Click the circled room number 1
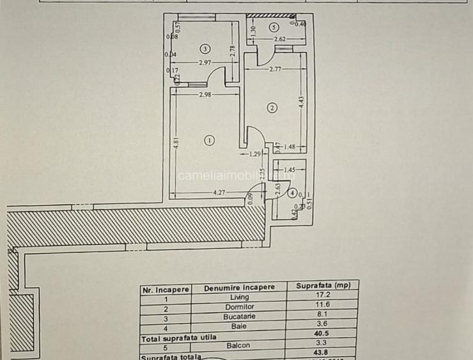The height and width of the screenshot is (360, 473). (208, 140)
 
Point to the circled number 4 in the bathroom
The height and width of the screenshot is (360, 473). (291, 192)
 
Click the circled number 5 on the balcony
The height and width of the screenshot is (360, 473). (274, 27)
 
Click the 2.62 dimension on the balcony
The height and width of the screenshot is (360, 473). (279, 40)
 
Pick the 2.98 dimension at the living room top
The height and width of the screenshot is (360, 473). (205, 95)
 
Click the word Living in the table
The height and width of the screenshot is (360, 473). (239, 297)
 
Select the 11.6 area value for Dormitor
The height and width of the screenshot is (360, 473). (322, 307)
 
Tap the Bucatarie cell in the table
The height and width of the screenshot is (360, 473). (239, 317)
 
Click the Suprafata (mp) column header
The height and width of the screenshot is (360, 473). (322, 286)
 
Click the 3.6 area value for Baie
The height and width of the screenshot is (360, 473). (322, 325)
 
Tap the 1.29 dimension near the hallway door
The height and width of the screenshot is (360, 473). (256, 153)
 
